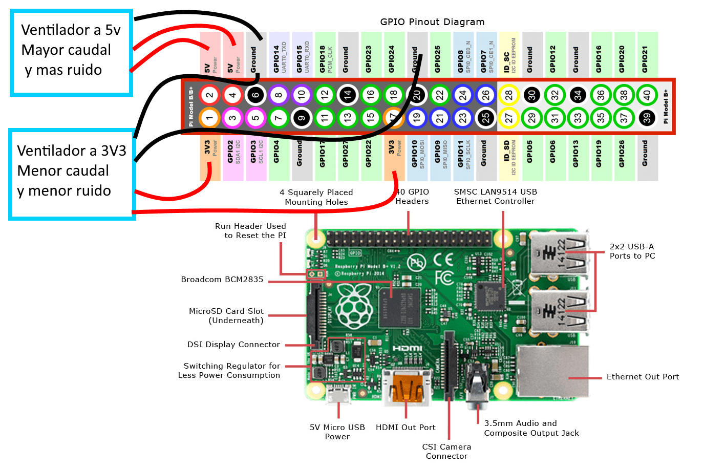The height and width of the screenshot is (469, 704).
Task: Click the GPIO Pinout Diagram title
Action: pos(432,22)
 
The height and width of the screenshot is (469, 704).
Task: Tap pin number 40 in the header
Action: pos(647,95)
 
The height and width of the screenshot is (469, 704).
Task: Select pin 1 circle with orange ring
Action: pos(209,118)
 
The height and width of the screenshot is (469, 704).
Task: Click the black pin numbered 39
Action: pos(647,118)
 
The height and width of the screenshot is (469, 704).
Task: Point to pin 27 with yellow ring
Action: pos(508,118)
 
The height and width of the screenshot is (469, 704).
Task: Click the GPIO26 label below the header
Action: pos(622,154)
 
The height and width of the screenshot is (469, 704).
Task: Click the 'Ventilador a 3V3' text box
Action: pos(72,174)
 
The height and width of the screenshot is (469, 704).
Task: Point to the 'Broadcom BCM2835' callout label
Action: pos(222,280)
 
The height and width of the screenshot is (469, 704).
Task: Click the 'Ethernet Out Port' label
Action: pos(643,377)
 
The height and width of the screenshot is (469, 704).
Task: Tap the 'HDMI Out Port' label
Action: pos(406,428)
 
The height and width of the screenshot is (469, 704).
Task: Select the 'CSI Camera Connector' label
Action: pos(446,451)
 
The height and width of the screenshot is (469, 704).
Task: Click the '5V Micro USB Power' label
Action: pos(337,432)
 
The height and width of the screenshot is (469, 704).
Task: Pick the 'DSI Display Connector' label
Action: pos(233,345)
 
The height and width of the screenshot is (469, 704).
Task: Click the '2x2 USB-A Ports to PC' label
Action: pos(632,251)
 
